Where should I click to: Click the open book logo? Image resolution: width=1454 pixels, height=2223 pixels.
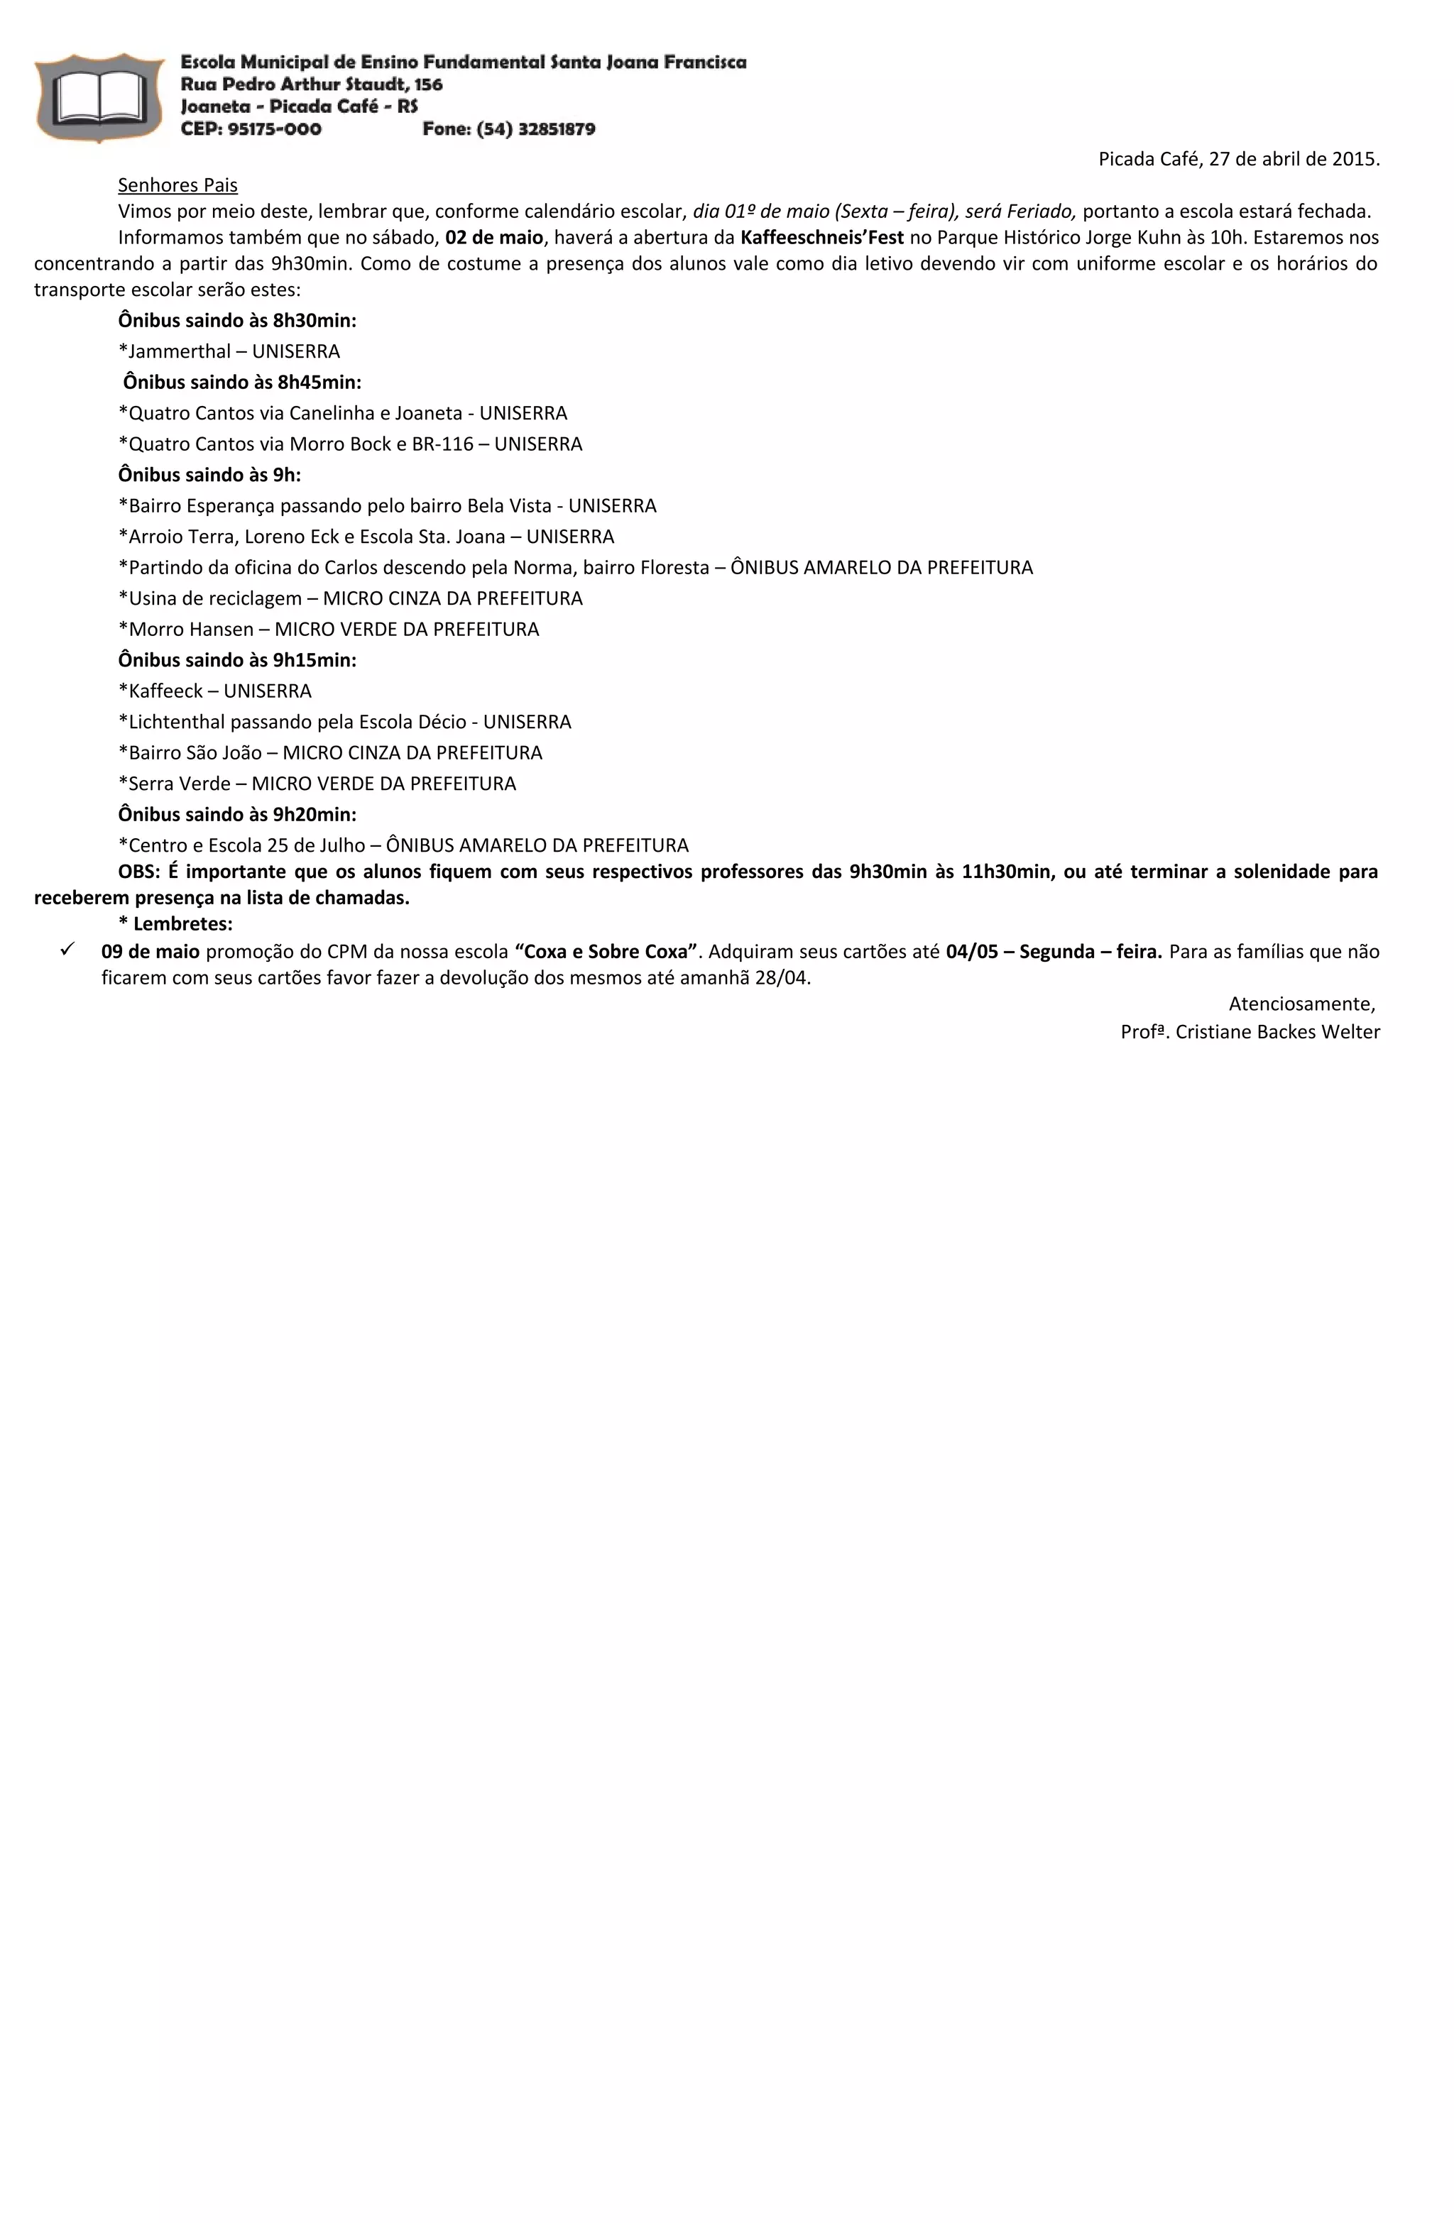[99, 98]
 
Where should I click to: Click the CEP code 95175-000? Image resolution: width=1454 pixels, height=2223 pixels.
[274, 129]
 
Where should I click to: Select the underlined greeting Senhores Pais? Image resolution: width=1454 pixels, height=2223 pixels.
[177, 185]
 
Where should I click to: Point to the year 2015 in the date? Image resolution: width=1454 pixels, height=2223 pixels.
[1354, 159]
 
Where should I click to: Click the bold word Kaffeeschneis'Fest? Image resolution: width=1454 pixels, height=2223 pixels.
[821, 237]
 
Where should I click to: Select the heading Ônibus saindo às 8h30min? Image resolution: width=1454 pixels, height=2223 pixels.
[237, 320]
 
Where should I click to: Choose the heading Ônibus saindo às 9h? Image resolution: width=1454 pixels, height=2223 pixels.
[209, 475]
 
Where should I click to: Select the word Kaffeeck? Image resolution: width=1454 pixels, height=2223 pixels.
[165, 690]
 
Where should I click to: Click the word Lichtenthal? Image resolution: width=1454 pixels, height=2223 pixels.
[177, 721]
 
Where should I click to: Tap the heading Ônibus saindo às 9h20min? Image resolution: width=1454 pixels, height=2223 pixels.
[237, 813]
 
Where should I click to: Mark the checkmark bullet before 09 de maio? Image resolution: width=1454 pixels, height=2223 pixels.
[67, 950]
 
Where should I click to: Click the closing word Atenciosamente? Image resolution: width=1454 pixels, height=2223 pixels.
[1300, 1004]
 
